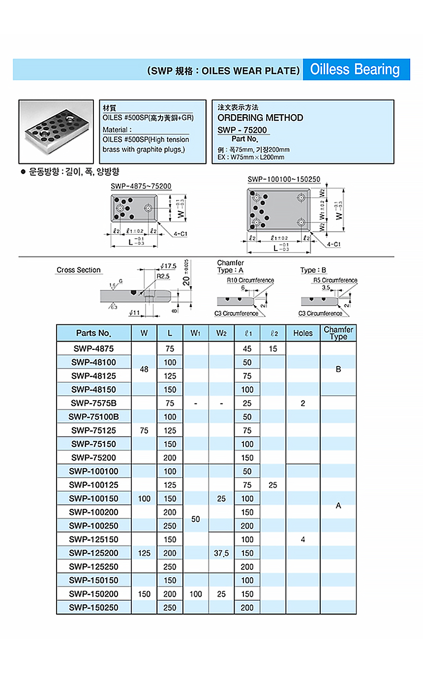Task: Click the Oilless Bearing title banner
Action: coord(355,69)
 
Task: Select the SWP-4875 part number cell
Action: coord(93,348)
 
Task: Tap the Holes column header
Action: coord(302,333)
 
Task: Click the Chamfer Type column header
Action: coord(338,333)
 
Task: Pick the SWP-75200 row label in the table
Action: coord(93,458)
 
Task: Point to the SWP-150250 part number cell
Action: coord(93,607)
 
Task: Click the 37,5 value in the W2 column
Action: coord(221,553)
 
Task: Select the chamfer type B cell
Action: coord(338,369)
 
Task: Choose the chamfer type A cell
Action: coord(338,505)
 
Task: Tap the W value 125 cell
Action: coord(144,553)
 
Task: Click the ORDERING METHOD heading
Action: coord(260,118)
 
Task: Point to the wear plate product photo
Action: coord(56,131)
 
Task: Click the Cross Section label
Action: coord(78,270)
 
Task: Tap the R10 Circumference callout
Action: coord(250,281)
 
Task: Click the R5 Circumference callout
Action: coord(335,281)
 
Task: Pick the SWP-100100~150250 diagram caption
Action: coord(284,180)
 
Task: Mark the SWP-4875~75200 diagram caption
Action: coord(141,187)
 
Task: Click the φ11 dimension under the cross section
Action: coord(135,313)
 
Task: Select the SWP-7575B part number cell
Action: coord(93,403)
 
